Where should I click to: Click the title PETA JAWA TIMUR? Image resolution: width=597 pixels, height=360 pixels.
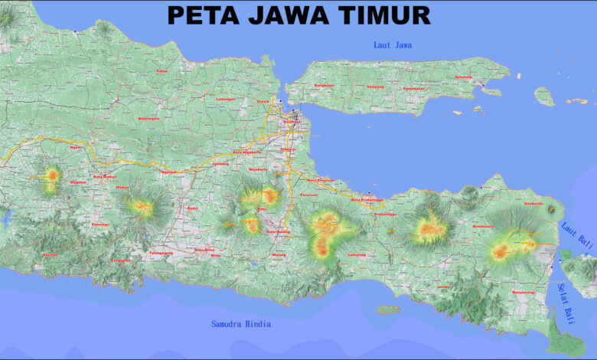[298, 15]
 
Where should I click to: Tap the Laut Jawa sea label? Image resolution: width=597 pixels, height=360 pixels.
[393, 45]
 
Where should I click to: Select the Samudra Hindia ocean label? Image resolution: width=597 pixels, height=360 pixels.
[241, 324]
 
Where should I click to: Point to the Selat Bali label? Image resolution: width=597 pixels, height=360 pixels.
[566, 301]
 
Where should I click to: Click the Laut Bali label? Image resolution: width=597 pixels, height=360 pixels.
[576, 234]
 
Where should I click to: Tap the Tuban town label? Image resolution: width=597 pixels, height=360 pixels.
[161, 71]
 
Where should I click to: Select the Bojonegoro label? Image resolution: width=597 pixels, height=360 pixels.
[148, 119]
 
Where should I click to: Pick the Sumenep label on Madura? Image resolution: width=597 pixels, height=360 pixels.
[464, 77]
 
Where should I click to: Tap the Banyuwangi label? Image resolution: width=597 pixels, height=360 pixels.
[524, 291]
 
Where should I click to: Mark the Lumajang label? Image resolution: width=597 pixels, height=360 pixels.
[357, 254]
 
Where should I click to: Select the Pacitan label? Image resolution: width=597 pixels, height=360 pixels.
[51, 254]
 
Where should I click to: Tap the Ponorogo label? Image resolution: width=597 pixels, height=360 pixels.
[100, 224]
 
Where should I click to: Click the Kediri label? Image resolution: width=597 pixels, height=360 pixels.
[193, 208]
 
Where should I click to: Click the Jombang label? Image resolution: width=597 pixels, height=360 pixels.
[220, 164]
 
